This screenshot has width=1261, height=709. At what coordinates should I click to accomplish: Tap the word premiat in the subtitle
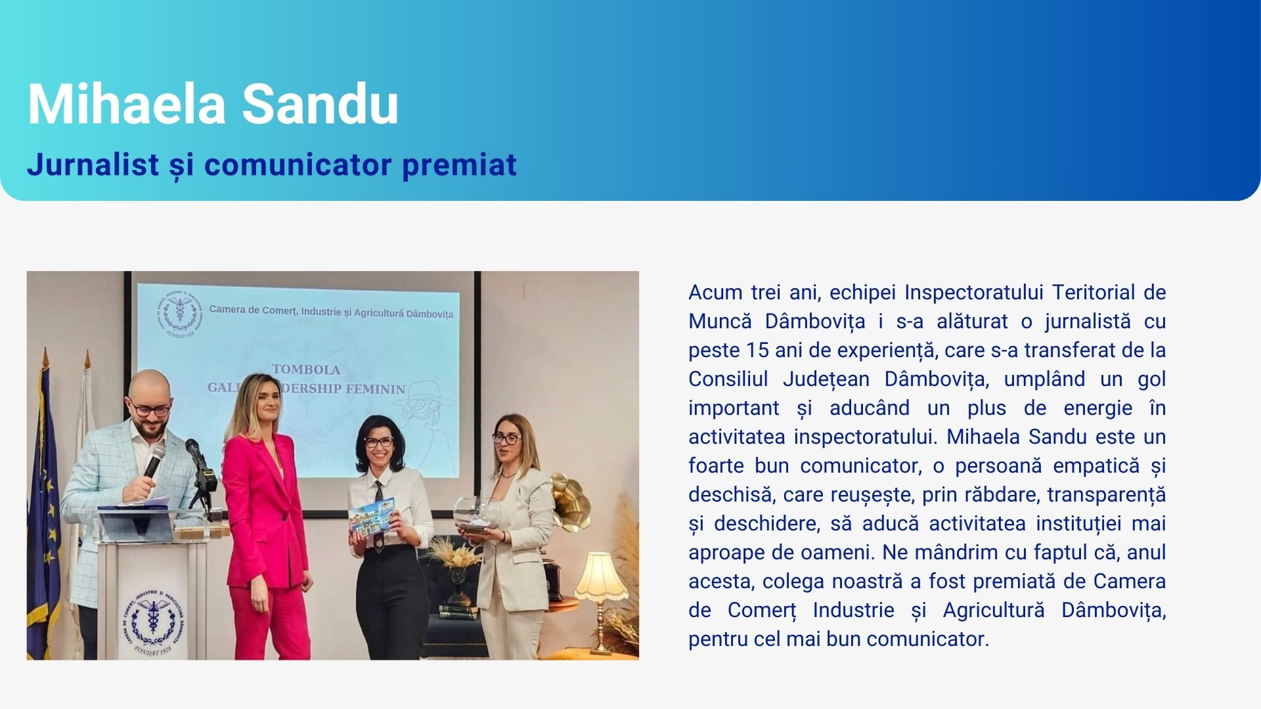click(459, 165)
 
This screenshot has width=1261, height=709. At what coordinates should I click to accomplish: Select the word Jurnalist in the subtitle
click(93, 164)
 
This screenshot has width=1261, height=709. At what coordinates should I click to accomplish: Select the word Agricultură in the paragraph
click(993, 611)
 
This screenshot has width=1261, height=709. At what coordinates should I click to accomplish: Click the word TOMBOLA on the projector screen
click(306, 370)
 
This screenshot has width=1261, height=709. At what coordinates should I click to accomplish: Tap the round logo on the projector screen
click(179, 312)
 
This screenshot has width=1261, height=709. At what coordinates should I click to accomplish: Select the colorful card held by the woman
click(370, 519)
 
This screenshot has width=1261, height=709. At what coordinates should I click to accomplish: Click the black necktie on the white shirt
click(379, 515)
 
